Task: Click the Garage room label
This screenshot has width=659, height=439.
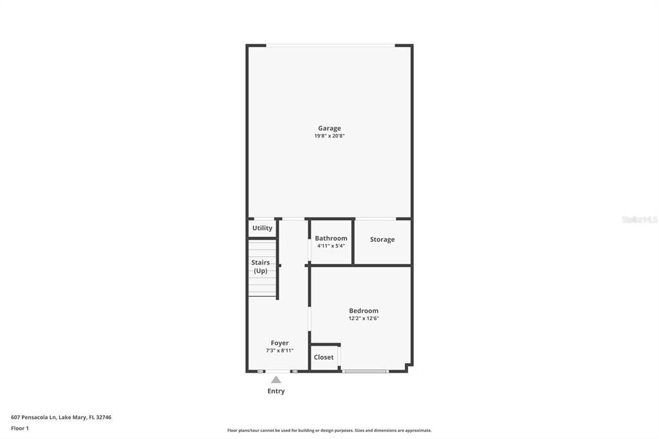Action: pyautogui.click(x=329, y=128)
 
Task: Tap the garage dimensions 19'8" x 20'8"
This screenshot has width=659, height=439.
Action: pyautogui.click(x=329, y=136)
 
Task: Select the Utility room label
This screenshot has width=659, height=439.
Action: pyautogui.click(x=262, y=228)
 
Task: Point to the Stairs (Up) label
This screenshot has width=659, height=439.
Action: pyautogui.click(x=261, y=266)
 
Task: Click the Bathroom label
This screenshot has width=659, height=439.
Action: pyautogui.click(x=331, y=238)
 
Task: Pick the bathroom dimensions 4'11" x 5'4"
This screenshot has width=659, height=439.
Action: pyautogui.click(x=331, y=246)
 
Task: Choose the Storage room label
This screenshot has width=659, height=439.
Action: pyautogui.click(x=382, y=239)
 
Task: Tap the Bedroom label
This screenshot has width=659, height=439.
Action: pyautogui.click(x=364, y=311)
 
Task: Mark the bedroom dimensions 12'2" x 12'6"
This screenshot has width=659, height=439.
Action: pyautogui.click(x=364, y=319)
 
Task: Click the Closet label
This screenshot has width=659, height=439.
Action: pyautogui.click(x=324, y=357)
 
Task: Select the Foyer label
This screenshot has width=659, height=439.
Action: pyautogui.click(x=279, y=343)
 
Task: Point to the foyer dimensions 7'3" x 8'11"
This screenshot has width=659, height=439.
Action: pyautogui.click(x=279, y=351)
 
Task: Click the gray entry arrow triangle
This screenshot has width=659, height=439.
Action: pyautogui.click(x=276, y=380)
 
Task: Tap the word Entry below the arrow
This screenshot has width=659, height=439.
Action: pyautogui.click(x=276, y=391)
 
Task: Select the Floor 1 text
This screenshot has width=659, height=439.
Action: pyautogui.click(x=20, y=428)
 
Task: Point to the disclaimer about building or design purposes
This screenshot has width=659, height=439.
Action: pyautogui.click(x=329, y=431)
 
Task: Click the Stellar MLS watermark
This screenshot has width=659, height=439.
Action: pyautogui.click(x=639, y=219)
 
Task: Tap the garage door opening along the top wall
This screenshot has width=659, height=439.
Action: pyautogui.click(x=330, y=45)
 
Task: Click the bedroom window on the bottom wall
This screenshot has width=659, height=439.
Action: pyautogui.click(x=365, y=371)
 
